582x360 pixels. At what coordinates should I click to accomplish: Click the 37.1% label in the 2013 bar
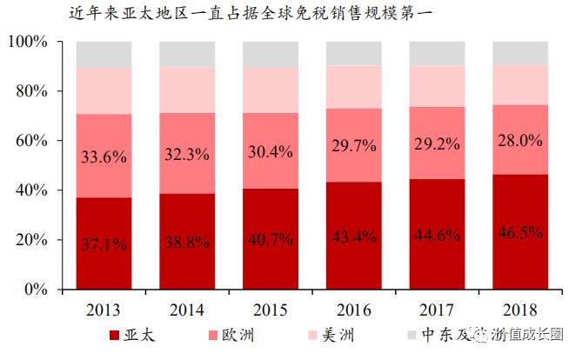pyautogui.click(x=104, y=244)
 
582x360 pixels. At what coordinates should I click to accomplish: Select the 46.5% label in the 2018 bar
pyautogui.click(x=521, y=233)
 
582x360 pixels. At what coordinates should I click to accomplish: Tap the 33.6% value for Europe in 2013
pyautogui.click(x=104, y=158)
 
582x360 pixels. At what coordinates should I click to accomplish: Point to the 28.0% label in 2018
pyautogui.click(x=521, y=140)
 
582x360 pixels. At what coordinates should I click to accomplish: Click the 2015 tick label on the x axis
pyautogui.click(x=271, y=309)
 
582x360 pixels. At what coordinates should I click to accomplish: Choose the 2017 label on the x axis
pyautogui.click(x=438, y=309)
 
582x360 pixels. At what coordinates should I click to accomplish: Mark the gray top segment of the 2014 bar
pyautogui.click(x=187, y=54)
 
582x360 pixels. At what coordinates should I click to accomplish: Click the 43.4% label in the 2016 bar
pyautogui.click(x=354, y=237)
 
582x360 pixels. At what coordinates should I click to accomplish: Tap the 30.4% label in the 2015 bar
pyautogui.click(x=271, y=151)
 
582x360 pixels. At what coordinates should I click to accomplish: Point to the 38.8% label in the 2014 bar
pyautogui.click(x=187, y=244)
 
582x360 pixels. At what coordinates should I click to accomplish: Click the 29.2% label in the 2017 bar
pyautogui.click(x=438, y=145)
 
